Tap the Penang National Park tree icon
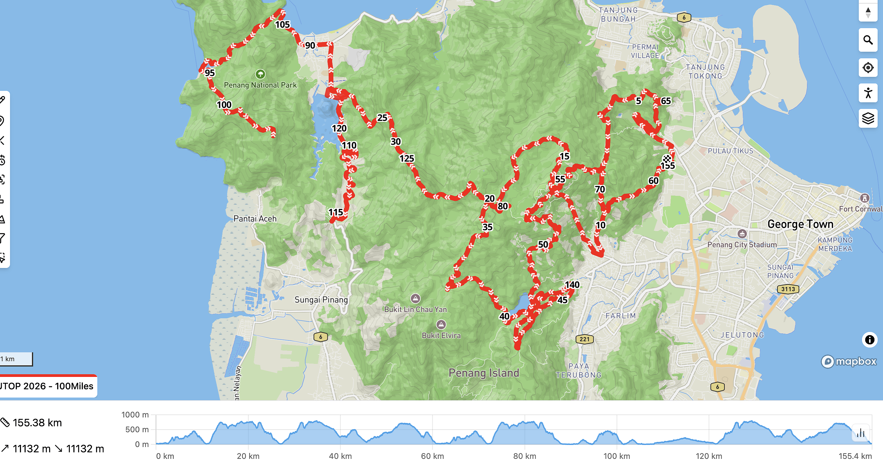tap(260, 74)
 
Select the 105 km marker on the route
tap(283, 24)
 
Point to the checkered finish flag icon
tap(667, 159)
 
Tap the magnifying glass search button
tap(868, 41)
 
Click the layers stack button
tap(868, 119)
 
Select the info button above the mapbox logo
tap(869, 340)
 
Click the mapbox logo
tap(849, 362)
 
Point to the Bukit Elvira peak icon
tap(441, 324)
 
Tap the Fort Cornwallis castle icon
tap(864, 198)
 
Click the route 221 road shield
tap(584, 339)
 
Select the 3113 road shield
tap(788, 289)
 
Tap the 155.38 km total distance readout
tap(37, 422)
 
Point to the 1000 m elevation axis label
tap(135, 414)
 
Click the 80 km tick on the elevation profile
tap(524, 456)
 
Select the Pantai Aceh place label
tap(255, 219)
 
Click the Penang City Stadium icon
tap(742, 234)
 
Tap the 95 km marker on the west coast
tap(210, 73)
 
